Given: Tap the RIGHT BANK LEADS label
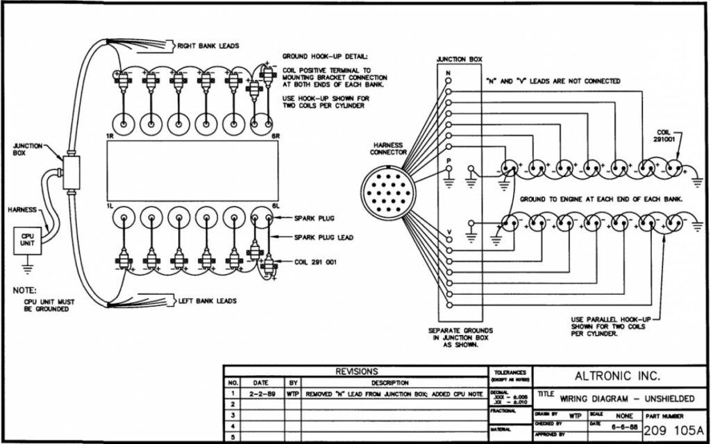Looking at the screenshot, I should [x=208, y=46].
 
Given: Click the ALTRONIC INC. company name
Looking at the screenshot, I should [x=617, y=377].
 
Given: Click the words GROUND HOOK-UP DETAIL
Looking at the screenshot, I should [x=324, y=57].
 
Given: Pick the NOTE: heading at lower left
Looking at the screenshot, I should [x=26, y=291].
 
